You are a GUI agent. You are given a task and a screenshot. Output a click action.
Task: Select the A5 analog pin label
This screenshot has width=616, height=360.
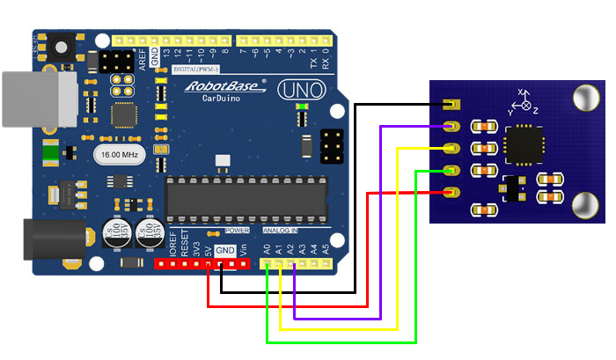326,249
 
